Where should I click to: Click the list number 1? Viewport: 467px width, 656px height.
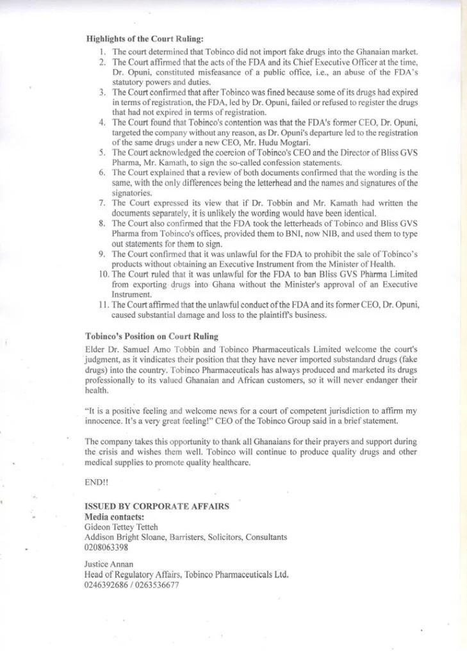[x=102, y=51]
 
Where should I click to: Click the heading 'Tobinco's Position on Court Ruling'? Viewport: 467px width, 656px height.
[x=152, y=336]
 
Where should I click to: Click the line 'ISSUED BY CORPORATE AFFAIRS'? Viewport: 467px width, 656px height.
[x=157, y=506]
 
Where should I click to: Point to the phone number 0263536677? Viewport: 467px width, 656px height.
[x=154, y=585]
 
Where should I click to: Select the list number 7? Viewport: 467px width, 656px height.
[x=102, y=203]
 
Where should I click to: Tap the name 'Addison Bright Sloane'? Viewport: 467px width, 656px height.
[x=126, y=537]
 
